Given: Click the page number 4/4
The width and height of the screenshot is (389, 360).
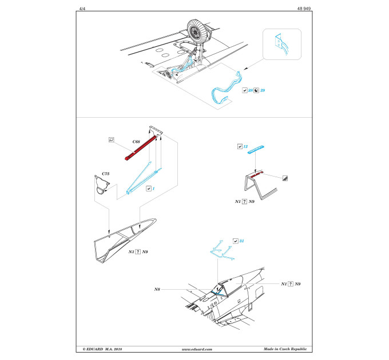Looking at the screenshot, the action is (x=82, y=9).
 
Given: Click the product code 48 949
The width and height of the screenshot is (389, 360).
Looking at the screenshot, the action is (x=304, y=9).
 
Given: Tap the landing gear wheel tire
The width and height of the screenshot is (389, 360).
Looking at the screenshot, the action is (x=199, y=31).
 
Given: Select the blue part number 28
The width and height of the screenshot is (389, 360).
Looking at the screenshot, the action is (x=251, y=90).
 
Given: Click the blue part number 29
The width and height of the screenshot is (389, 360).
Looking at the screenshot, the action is (x=263, y=90).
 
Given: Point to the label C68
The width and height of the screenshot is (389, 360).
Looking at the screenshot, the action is (x=136, y=142).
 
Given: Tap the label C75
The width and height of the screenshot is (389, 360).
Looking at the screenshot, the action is (x=105, y=174).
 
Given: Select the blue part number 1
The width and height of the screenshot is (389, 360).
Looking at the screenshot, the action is (x=153, y=189).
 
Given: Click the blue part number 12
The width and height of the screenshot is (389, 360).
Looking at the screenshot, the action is (x=245, y=146).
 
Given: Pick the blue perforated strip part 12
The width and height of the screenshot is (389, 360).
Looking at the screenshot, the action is (x=256, y=149).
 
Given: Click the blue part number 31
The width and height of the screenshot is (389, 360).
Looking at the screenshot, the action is (x=241, y=241).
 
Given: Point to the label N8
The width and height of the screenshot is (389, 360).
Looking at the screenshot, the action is (x=157, y=289).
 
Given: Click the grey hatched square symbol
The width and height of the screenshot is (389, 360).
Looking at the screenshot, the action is (x=285, y=178).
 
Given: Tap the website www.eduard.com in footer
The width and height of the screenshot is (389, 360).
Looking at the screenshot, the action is (x=197, y=349).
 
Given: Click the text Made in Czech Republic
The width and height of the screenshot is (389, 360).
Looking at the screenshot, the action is (x=285, y=349).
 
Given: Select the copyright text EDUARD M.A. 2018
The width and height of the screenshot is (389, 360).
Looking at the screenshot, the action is (x=102, y=349).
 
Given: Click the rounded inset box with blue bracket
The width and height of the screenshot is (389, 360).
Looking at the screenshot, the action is (x=282, y=45).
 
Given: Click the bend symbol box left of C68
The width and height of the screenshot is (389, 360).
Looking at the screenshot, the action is (x=112, y=140).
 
